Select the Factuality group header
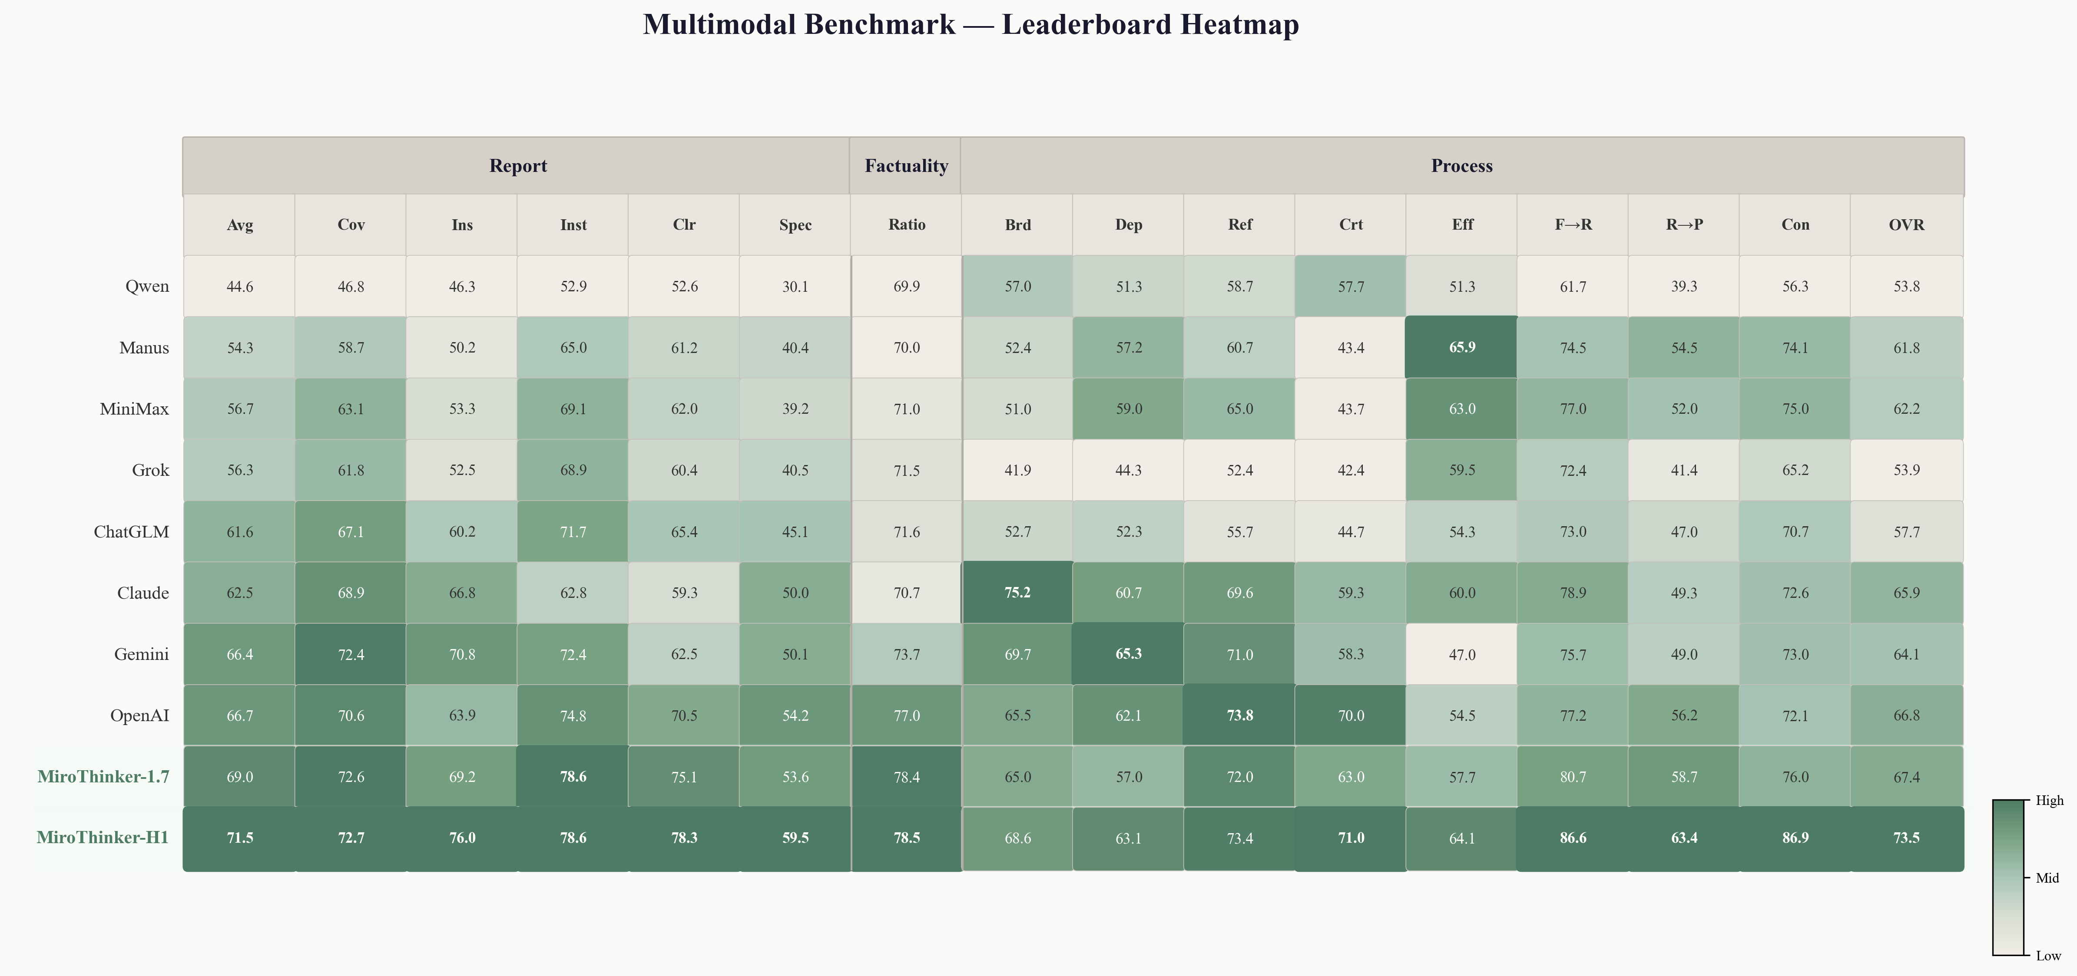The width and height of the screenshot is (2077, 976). tap(906, 166)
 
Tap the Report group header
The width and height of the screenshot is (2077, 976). tap(518, 166)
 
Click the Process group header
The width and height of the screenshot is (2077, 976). tap(1462, 166)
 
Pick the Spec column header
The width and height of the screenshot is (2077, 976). tap(795, 225)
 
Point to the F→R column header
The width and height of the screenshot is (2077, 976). tap(1573, 225)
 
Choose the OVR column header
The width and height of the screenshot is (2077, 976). tap(1906, 225)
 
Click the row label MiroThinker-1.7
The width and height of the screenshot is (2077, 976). tap(103, 777)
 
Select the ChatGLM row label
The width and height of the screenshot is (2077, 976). tap(132, 532)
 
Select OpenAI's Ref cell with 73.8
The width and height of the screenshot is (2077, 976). tap(1239, 716)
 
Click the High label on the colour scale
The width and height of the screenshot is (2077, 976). tap(2049, 800)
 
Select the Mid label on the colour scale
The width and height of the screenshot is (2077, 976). tap(2047, 878)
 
